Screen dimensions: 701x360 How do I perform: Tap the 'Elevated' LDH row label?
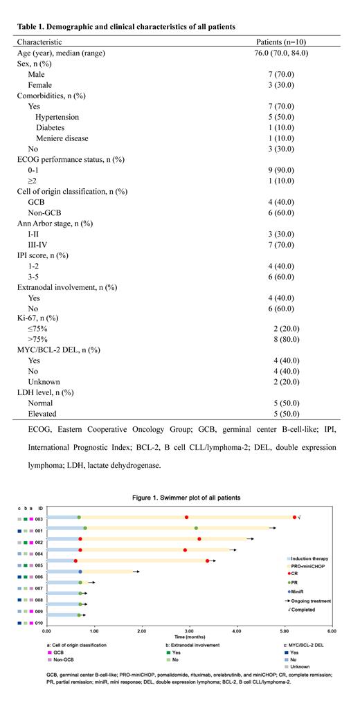[45, 413]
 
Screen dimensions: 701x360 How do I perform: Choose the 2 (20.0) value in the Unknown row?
[290, 381]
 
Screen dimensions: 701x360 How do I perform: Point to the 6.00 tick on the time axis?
[332, 631]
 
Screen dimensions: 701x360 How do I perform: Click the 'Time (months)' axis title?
[189, 638]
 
